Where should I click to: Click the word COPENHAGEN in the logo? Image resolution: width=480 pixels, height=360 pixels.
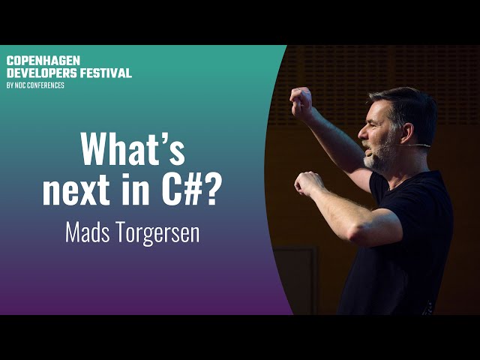pos(43,61)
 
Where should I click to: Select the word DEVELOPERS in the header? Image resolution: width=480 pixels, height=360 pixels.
pos(42,73)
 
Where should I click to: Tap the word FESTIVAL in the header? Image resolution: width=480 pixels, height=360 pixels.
pos(106,73)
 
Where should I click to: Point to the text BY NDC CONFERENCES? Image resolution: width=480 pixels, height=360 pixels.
pos(35,85)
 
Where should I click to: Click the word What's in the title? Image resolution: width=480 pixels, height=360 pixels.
pos(133,149)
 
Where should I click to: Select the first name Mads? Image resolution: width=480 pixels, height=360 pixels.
pos(88,232)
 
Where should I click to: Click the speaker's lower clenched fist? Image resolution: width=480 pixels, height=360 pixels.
pos(307,183)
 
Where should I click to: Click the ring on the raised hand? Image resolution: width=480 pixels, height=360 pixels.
pos(298,90)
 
